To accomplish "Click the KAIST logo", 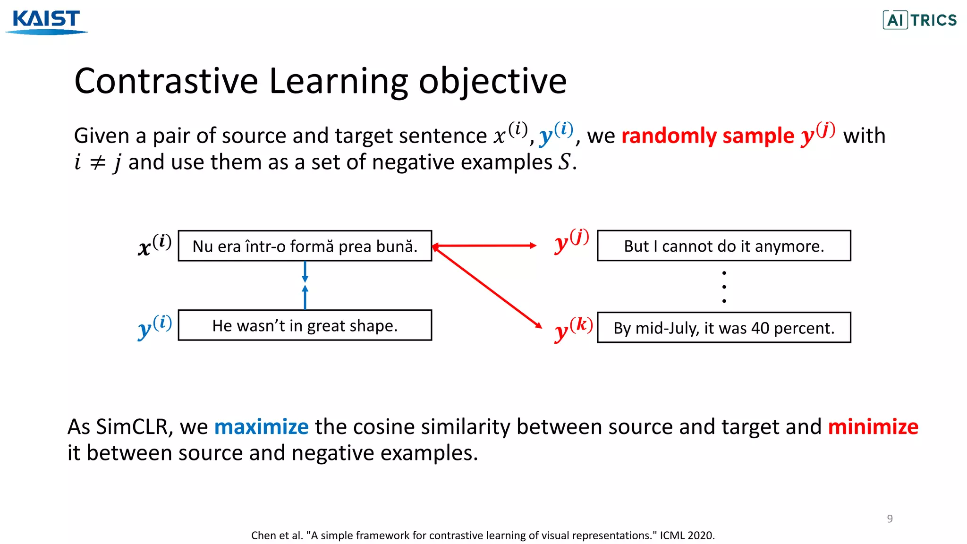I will click(46, 21).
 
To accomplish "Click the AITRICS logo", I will click(919, 20).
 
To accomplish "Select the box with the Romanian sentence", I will click(305, 246).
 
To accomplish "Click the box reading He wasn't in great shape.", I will click(305, 325).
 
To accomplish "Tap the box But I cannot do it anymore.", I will click(724, 246).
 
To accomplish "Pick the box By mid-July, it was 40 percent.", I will click(724, 328).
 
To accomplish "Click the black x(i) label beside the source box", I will click(154, 245).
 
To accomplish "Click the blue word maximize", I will click(261, 427).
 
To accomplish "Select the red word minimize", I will click(873, 427).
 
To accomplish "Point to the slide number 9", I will click(890, 518).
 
